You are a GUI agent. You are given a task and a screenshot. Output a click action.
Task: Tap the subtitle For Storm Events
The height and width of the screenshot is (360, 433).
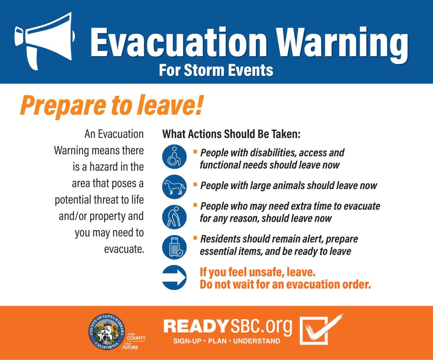click(216, 71)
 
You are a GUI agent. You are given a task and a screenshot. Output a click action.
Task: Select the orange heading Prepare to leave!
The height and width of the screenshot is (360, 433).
click(111, 105)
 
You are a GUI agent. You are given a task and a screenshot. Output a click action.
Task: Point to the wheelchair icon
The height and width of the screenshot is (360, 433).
click(174, 156)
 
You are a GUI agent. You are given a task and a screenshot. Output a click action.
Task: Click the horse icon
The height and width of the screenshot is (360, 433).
click(174, 186)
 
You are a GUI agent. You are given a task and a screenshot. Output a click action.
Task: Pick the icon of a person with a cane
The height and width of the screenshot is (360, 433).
click(174, 216)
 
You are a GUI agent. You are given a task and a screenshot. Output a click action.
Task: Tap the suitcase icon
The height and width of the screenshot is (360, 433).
click(174, 247)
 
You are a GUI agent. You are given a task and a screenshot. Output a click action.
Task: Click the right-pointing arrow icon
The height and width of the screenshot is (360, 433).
click(174, 277)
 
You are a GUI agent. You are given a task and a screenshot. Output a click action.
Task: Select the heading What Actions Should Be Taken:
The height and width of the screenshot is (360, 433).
click(231, 134)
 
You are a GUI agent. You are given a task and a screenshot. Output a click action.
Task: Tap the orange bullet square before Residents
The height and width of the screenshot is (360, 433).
click(195, 238)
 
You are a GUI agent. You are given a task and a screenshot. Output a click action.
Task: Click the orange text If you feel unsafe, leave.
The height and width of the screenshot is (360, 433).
click(257, 272)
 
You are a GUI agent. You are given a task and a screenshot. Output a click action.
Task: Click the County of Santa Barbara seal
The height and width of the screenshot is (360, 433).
click(106, 332)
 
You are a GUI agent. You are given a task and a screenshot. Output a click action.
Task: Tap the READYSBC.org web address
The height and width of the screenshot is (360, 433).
click(228, 327)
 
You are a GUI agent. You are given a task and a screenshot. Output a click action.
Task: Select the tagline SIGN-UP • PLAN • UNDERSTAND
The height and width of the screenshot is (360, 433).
click(227, 341)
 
